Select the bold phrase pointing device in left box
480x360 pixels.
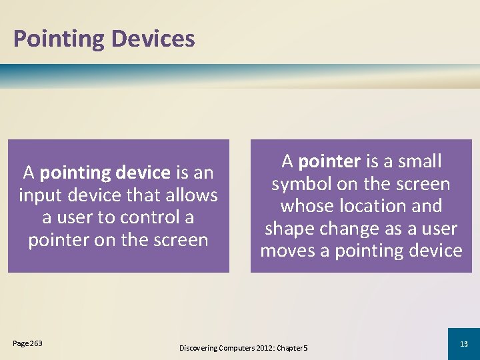105,173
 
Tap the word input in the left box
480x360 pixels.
39,195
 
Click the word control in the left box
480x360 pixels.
151,217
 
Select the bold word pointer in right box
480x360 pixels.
329,162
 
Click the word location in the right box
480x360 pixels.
373,206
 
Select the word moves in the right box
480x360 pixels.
287,251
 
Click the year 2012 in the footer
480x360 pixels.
260,348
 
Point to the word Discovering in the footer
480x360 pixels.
199,348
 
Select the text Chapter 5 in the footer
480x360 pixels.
291,348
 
